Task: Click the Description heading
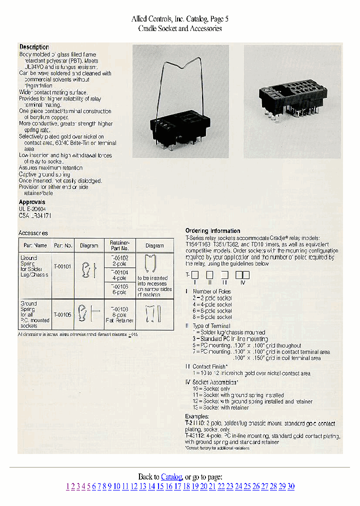(34, 47)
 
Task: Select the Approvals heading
(32, 202)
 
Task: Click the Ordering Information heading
(212, 231)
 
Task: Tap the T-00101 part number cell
(63, 267)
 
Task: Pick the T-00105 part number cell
(63, 315)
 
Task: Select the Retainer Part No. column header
(119, 245)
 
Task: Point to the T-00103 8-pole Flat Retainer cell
(119, 315)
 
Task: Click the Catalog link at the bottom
(171, 477)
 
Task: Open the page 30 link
(291, 486)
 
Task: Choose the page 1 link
(67, 486)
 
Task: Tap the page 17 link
(177, 486)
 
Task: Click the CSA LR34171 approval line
(35, 215)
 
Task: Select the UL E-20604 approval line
(32, 209)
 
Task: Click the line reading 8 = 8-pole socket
(212, 317)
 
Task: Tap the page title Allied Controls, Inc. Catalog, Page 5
(180, 19)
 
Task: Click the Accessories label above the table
(33, 233)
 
